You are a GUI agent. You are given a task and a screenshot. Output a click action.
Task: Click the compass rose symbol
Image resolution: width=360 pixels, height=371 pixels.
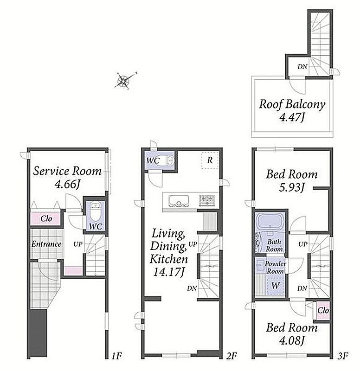[124, 80]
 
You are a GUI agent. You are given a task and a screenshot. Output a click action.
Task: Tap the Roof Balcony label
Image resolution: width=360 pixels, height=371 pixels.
[292, 104]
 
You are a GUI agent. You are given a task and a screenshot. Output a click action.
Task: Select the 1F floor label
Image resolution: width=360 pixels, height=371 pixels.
[117, 356]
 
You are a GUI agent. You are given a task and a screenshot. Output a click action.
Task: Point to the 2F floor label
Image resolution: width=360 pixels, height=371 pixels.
[231, 356]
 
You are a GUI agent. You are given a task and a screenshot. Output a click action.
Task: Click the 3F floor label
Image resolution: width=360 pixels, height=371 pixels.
[342, 356]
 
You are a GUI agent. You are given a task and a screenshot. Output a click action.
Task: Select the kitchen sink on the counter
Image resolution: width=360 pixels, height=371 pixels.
[179, 201]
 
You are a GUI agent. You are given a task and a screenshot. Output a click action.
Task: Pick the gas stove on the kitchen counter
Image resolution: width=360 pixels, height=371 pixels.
[207, 200]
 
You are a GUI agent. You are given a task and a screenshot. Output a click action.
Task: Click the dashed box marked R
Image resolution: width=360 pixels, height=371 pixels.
[210, 160]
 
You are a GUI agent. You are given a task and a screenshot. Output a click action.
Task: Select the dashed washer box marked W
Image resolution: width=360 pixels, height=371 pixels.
[276, 285]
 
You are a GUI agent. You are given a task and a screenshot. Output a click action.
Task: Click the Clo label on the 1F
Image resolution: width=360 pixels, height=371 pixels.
[46, 218]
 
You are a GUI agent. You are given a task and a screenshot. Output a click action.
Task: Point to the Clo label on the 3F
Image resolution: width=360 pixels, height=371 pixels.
[323, 310]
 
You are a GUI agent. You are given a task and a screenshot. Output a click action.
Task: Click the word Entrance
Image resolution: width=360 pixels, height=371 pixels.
[46, 244]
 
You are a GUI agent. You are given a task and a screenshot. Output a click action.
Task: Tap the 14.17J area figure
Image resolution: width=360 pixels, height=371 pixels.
[168, 272]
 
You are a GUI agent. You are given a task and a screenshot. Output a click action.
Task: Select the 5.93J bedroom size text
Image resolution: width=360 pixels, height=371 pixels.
[291, 188]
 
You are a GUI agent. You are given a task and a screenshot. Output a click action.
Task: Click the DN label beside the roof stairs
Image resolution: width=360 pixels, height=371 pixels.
[302, 67]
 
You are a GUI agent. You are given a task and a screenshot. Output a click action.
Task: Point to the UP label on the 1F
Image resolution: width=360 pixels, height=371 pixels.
[78, 244]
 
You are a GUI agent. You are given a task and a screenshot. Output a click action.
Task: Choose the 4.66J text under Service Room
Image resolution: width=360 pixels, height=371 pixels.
[67, 184]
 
